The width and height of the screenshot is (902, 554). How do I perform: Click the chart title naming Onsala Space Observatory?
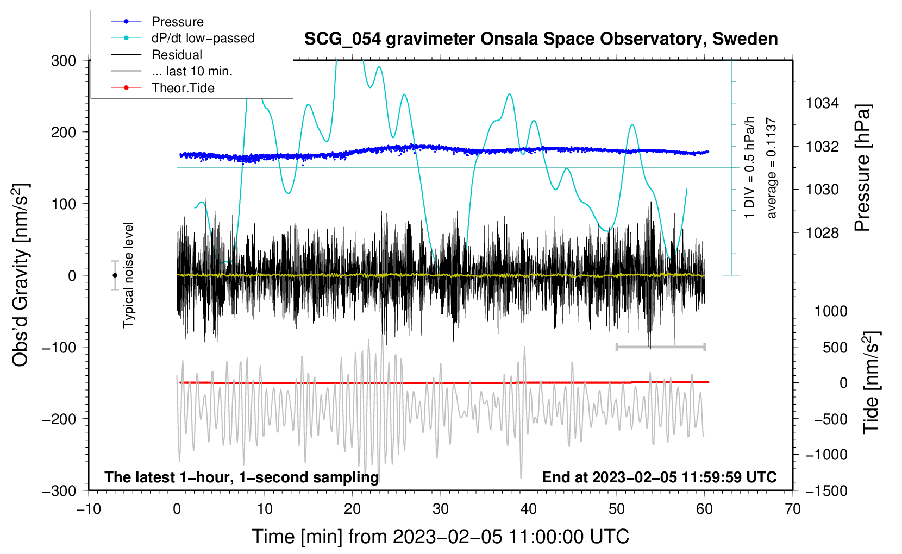(541, 39)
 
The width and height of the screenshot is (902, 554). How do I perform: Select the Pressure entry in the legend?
(158, 21)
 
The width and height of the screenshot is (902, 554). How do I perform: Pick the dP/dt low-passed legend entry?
(183, 38)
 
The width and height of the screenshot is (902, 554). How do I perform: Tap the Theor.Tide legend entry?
(162, 88)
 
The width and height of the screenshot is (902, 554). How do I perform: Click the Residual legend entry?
(156, 55)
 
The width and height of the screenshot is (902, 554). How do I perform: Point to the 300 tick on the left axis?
(64, 61)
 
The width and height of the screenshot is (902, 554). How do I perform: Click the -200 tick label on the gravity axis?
(60, 419)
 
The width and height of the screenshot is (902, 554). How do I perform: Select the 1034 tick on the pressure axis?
(822, 104)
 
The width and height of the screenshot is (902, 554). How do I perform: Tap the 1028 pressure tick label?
(822, 232)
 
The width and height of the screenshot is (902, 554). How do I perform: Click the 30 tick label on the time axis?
(441, 509)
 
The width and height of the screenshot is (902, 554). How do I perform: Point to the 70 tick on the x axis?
(792, 509)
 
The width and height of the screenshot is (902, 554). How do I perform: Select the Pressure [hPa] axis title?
(862, 168)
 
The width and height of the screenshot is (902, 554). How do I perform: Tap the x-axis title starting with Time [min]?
(441, 537)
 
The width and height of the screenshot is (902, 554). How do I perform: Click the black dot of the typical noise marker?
(115, 275)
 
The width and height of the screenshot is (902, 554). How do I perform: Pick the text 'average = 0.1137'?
(771, 168)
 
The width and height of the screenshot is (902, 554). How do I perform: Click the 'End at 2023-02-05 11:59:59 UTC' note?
(659, 477)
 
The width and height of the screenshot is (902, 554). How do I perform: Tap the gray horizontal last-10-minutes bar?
(660, 347)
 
